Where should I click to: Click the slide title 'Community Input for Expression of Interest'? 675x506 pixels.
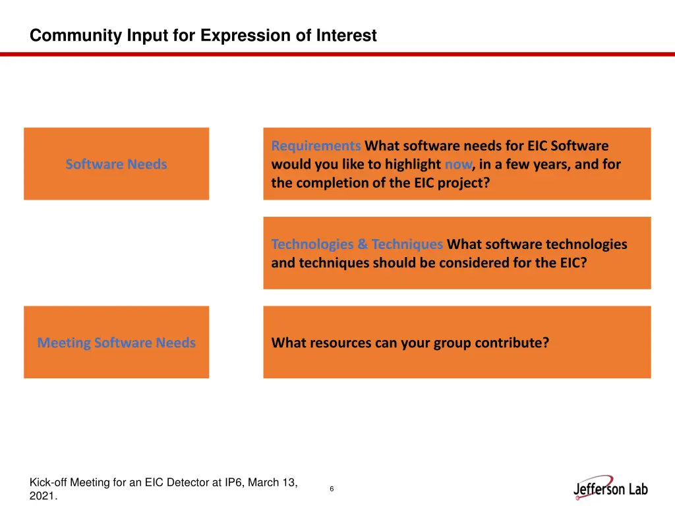point(203,36)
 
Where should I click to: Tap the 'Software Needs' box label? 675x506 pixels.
point(116,164)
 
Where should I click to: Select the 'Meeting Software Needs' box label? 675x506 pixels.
point(116,343)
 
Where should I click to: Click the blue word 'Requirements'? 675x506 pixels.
point(316,146)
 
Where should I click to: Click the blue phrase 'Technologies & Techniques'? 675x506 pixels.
point(357,244)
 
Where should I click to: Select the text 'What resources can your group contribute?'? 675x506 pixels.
point(410,343)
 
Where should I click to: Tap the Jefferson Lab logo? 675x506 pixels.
point(610,488)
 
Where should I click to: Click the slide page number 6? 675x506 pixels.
point(332,489)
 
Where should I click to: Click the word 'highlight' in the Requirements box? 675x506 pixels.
point(414,164)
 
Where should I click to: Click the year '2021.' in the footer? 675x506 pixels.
point(44,497)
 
